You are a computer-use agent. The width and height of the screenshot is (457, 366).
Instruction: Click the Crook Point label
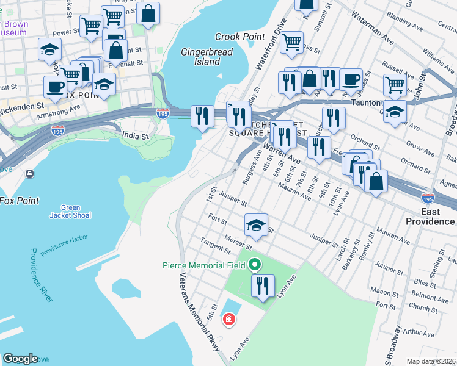point(240,37)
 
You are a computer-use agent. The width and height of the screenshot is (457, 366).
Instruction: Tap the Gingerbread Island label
point(207,57)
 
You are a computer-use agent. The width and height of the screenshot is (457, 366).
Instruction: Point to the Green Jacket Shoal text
point(76,211)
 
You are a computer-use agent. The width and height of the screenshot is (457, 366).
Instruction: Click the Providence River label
point(41,275)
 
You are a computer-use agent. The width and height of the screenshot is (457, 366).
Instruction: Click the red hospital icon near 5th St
point(228,319)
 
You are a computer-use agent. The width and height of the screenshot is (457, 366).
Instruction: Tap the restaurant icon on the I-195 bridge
point(202,117)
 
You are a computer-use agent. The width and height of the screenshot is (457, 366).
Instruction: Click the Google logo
point(21,359)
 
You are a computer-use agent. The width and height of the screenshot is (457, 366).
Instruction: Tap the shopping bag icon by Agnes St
point(376,182)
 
